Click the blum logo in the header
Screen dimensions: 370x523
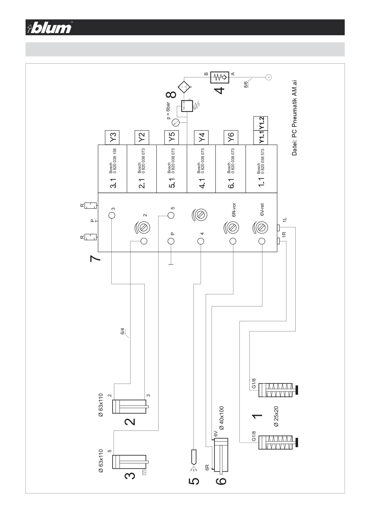[50, 27]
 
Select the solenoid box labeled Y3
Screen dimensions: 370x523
[113, 137]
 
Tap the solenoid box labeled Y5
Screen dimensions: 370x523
[172, 137]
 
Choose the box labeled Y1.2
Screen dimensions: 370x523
[261, 123]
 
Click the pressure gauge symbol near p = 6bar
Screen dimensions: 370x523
[176, 122]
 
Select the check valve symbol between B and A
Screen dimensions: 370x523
[219, 77]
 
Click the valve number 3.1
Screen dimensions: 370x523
[113, 183]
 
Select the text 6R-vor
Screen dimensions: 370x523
[234, 210]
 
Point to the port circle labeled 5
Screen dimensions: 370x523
[171, 215]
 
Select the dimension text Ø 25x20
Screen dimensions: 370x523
[276, 416]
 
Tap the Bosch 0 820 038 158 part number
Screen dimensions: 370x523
[113, 161]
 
